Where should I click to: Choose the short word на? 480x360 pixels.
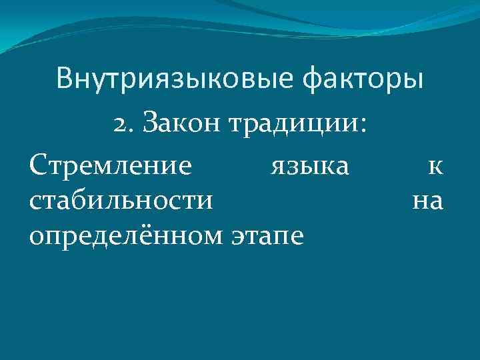[427, 200]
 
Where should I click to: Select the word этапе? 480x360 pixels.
[267, 235]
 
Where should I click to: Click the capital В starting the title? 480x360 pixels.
[65, 79]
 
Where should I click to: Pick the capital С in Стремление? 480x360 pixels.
[38, 164]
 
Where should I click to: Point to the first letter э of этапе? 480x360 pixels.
[235, 235]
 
